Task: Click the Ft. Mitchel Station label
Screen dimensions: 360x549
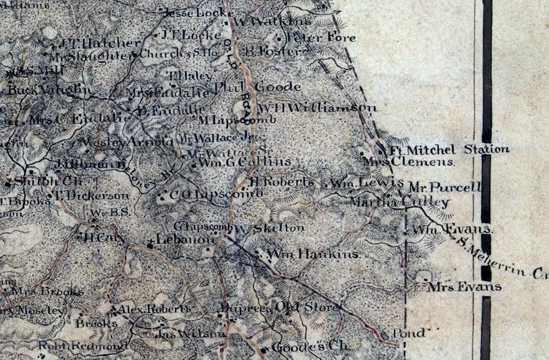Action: coord(449,149)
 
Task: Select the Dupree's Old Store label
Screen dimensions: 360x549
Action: coord(279,307)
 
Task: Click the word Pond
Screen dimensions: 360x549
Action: coord(409,333)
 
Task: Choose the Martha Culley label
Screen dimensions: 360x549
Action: coord(399,202)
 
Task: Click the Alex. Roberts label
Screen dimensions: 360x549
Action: coord(153,308)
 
